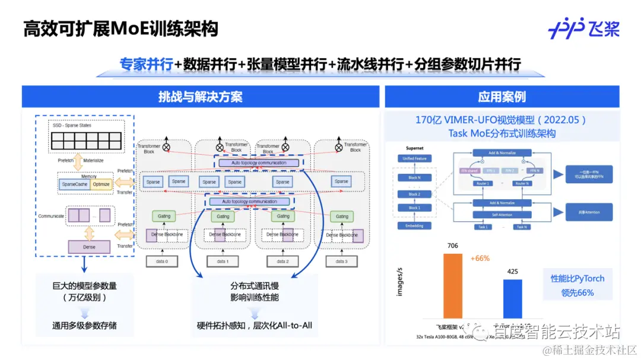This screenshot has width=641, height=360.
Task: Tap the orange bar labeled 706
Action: pyautogui.click(x=452, y=286)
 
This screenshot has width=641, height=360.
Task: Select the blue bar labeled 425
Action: pyautogui.click(x=512, y=299)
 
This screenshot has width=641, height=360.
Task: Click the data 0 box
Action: pyautogui.click(x=162, y=262)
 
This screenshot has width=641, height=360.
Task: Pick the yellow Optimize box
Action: pyautogui.click(x=101, y=185)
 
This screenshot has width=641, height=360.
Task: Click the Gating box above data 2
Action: pyautogui.click(x=283, y=216)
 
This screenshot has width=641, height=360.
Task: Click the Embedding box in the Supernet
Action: pyautogui.click(x=414, y=226)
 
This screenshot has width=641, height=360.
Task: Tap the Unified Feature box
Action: pyautogui.click(x=414, y=158)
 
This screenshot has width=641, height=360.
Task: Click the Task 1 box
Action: pyautogui.click(x=483, y=227)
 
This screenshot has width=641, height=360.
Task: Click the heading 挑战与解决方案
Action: pyautogui.click(x=201, y=97)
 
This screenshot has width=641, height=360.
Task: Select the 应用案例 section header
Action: pyautogui.click(x=502, y=97)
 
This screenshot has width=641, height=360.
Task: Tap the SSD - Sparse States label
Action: pyautogui.click(x=74, y=126)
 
